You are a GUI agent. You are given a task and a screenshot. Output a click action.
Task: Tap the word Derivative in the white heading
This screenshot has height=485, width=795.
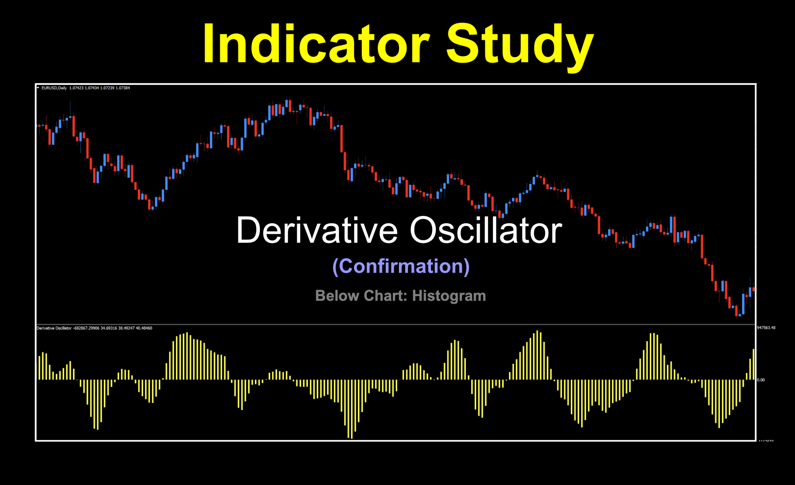[317, 231]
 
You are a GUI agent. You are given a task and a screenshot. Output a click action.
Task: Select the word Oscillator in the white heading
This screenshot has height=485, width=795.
[486, 231]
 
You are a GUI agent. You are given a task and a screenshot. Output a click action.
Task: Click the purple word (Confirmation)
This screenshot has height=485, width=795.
[401, 266]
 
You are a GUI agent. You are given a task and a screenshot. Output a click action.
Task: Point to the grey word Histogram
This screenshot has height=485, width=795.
[449, 296]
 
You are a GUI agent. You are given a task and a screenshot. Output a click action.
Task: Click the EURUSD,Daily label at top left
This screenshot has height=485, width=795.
[54, 88]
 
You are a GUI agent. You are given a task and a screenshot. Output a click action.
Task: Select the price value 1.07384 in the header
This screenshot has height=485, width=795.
[123, 88]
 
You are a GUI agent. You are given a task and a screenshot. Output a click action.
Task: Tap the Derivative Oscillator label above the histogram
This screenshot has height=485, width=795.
[54, 328]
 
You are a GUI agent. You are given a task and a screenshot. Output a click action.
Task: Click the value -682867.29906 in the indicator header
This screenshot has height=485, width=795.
[86, 328]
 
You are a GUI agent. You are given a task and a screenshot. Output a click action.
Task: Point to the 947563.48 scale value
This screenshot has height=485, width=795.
[766, 328]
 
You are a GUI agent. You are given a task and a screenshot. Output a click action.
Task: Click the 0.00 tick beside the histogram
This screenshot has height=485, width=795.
[761, 380]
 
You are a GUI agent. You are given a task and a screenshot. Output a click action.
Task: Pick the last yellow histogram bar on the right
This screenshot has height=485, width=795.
[754, 365]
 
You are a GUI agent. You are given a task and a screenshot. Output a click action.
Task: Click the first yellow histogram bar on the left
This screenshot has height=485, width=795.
[39, 368]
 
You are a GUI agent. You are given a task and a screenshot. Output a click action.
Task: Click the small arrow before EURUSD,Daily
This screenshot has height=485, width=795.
[38, 87]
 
